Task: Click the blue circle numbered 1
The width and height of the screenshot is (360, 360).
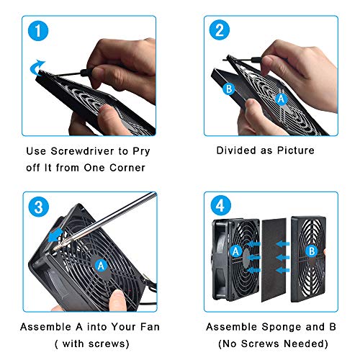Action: point(38,31)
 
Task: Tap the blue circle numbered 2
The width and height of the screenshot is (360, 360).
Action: point(220,30)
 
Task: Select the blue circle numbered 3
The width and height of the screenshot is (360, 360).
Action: point(39,207)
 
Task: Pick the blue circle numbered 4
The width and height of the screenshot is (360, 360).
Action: point(221,205)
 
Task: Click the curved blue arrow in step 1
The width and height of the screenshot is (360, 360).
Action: point(37,67)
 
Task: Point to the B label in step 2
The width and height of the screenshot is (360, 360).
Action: point(229,89)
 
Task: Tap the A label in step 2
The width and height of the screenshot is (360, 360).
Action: point(281,99)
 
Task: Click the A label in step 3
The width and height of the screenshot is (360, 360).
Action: point(101,266)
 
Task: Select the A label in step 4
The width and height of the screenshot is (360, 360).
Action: point(235,251)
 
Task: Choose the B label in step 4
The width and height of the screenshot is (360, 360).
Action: point(312,251)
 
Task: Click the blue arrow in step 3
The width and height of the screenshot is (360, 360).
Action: point(55,235)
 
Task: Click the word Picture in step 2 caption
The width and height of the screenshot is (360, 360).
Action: point(296,150)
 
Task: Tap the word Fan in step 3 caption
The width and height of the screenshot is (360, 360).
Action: point(150,327)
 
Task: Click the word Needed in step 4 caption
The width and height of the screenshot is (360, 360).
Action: point(303,343)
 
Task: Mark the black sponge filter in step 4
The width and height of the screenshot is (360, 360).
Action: point(274,260)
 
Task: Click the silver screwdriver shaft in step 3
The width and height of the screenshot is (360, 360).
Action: point(106,221)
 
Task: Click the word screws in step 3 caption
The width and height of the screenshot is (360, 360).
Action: point(107,344)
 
